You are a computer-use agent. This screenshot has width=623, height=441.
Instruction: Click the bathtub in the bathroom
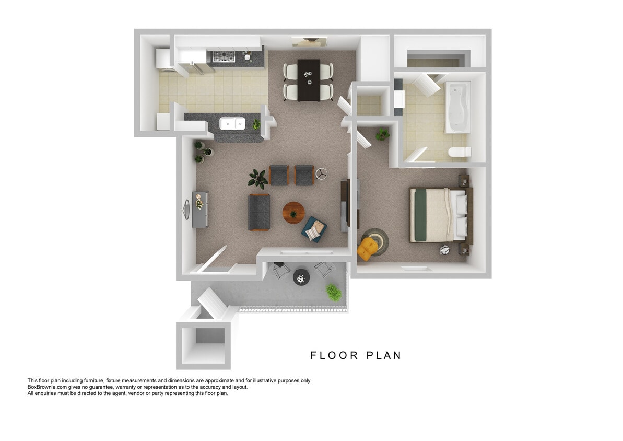pyautogui.click(x=458, y=107)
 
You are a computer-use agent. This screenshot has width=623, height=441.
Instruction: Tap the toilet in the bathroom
pyautogui.click(x=460, y=152)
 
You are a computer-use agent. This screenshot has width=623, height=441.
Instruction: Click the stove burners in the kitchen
pyautogui.click(x=224, y=56)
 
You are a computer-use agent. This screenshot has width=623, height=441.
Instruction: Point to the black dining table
pyautogui.click(x=309, y=80)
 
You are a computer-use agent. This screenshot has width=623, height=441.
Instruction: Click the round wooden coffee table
pyautogui.click(x=293, y=213)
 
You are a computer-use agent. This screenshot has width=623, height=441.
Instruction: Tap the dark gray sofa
pyautogui.click(x=259, y=212)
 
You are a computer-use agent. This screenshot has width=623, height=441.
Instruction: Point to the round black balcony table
pyautogui.click(x=301, y=277)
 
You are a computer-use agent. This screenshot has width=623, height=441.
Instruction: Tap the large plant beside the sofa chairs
pyautogui.click(x=258, y=179)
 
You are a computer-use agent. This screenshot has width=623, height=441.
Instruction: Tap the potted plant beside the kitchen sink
pyautogui.click(x=256, y=124)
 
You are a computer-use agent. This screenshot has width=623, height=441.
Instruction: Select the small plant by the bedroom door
pyautogui.click(x=382, y=134)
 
